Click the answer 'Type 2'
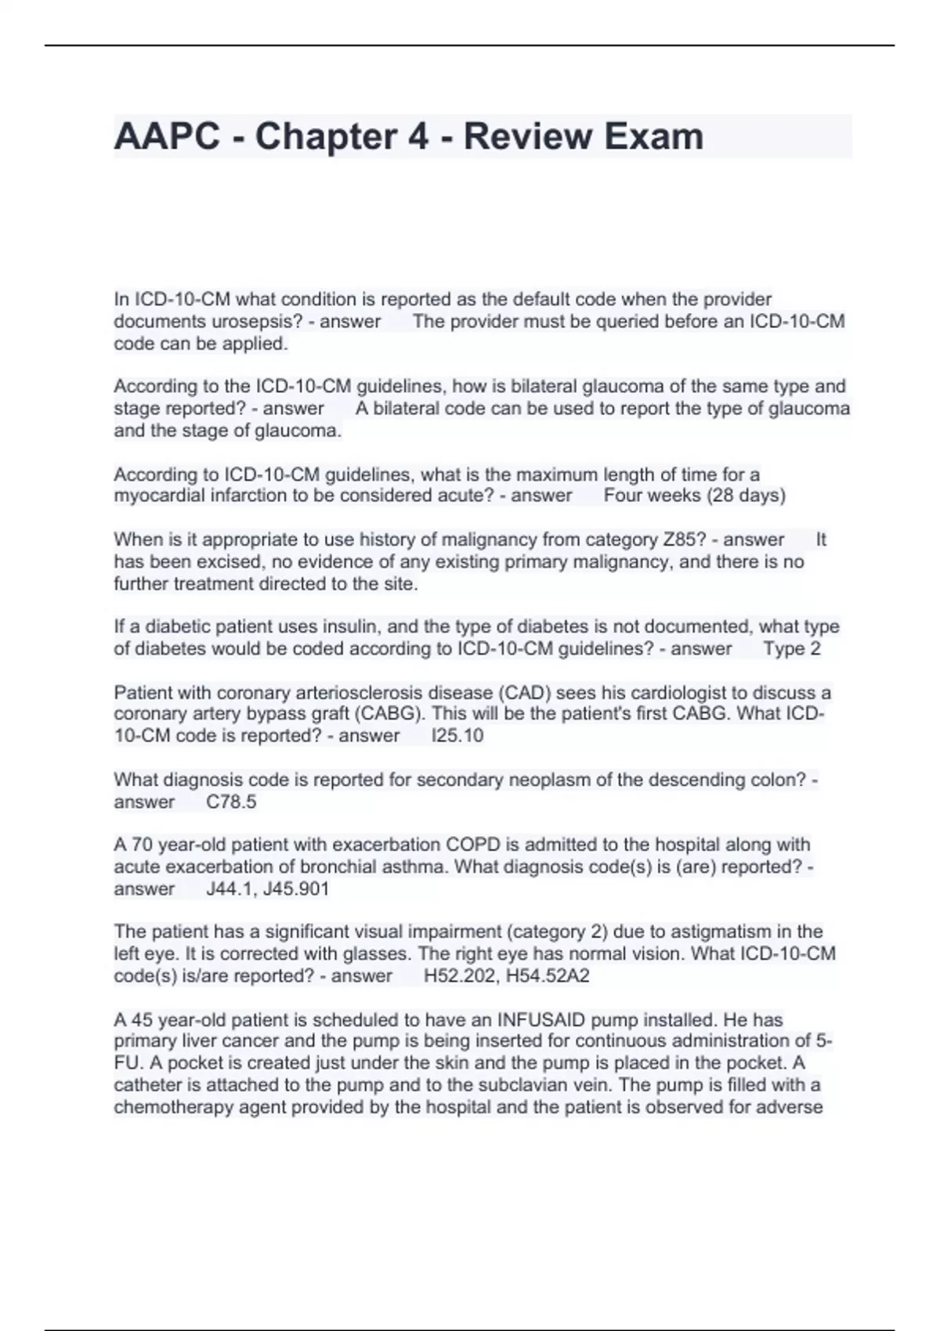tap(792, 649)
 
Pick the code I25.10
tap(457, 736)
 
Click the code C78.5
tap(231, 802)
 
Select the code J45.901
tap(298, 889)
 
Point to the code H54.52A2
tap(548, 976)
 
